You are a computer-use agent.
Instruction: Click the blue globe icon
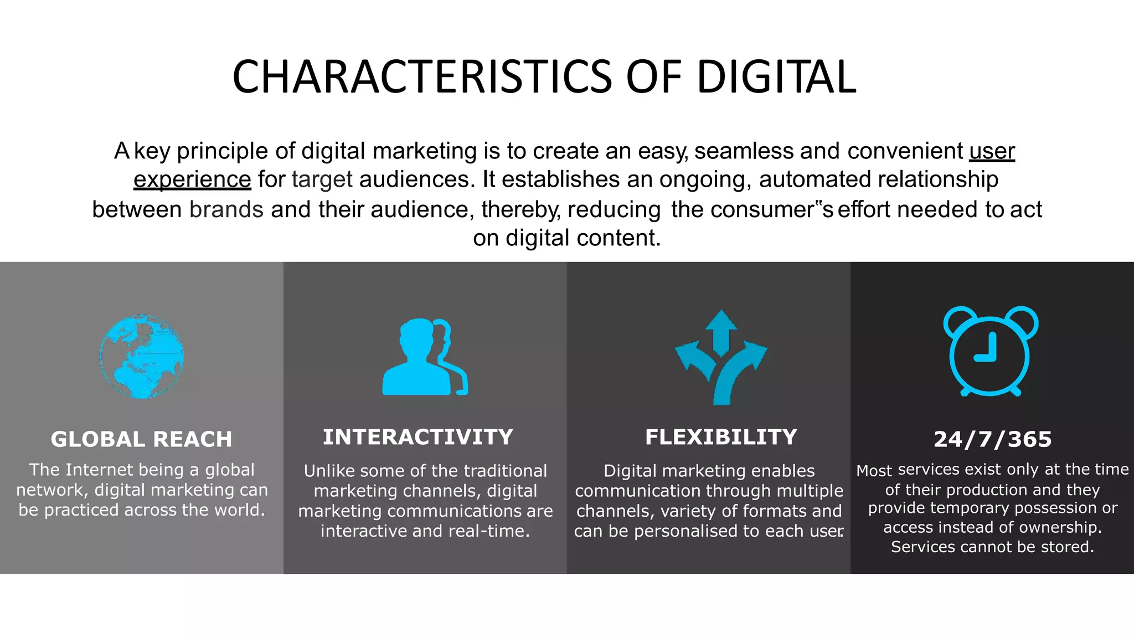(x=142, y=357)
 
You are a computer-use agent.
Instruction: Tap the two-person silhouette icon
(x=424, y=357)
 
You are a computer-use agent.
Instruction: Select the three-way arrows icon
(x=721, y=358)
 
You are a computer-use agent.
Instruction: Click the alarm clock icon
(x=990, y=351)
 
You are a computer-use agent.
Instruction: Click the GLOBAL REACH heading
(x=142, y=439)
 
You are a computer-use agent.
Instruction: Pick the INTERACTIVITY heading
(x=418, y=437)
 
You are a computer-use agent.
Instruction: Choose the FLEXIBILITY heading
(x=721, y=437)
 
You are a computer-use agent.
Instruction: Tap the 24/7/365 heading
(x=992, y=439)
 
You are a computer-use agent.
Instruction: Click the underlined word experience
(x=192, y=179)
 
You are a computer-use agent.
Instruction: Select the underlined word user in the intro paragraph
(x=992, y=151)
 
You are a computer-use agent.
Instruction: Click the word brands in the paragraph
(x=226, y=209)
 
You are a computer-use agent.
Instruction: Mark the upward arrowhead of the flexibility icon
(x=721, y=320)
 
